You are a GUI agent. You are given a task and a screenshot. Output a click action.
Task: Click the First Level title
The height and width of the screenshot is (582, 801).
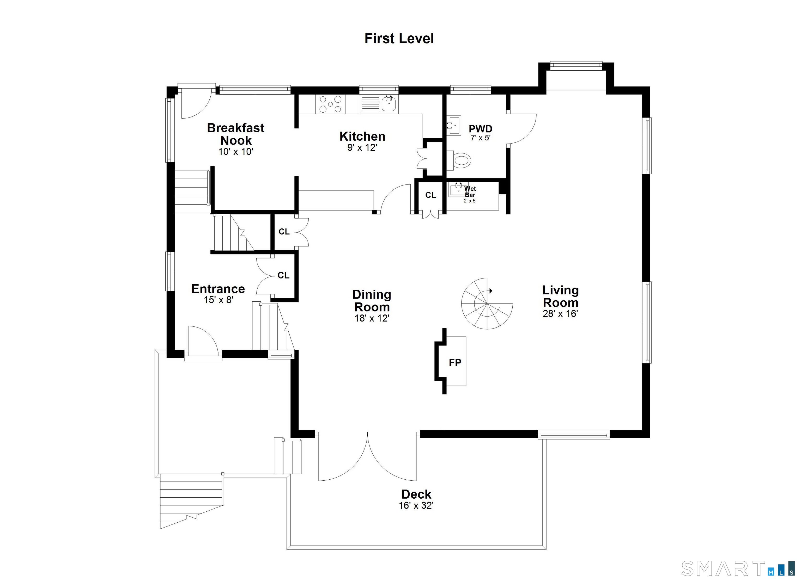pos(399,39)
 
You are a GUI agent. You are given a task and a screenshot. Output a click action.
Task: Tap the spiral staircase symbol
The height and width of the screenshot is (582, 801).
pos(487,304)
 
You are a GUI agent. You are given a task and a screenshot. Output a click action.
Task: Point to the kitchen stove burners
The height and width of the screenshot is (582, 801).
pos(331,104)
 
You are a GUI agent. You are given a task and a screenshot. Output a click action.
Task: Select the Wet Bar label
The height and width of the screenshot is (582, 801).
pos(470,192)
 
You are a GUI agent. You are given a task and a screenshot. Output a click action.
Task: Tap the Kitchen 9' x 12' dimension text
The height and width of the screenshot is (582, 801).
pos(362,147)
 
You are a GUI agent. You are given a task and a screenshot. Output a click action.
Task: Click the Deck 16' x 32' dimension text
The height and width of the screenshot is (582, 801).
pos(416,506)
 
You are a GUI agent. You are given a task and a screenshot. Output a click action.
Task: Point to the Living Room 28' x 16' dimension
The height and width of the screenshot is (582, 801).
pos(560,313)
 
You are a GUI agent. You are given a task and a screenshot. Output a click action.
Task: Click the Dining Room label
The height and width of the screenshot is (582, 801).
pos(372,301)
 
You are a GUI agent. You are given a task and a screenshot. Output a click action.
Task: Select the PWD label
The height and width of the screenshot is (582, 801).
pos(480,129)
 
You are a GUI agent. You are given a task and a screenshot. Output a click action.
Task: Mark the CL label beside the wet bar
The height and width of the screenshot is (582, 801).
pos(430,195)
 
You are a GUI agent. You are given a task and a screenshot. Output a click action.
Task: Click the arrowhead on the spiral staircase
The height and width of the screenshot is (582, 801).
pos(490,291)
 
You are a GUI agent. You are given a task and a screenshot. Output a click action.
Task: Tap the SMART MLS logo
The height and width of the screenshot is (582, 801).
pos(737,568)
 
